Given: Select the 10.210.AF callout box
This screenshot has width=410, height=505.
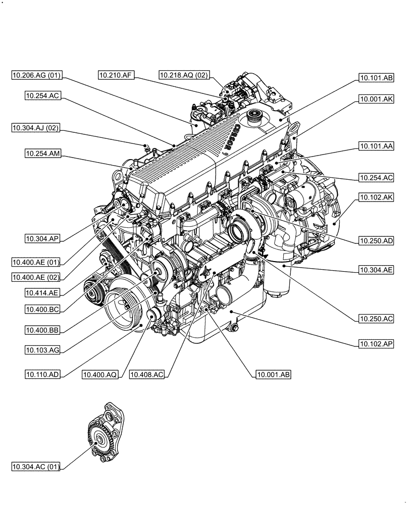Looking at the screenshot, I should pos(116,75).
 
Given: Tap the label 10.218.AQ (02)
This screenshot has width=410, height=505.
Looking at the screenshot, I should pos(183,75).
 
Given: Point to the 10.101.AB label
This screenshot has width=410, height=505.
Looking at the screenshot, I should pos(376,78).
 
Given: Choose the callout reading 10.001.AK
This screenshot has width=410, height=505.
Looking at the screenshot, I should pos(376,100).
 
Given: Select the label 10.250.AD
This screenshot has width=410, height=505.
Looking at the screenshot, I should pos(376,241).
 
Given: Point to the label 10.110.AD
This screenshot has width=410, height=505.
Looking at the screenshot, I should pos(43,374).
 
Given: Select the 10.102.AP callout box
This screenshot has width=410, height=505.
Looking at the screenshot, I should pos(376,344).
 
